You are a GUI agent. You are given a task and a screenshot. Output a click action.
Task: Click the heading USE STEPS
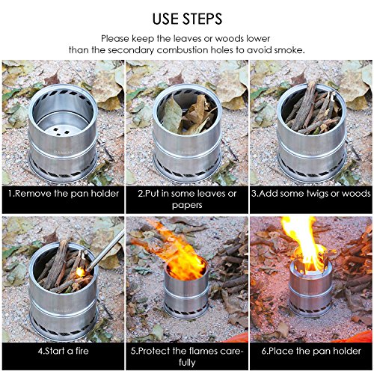pyautogui.click(x=187, y=19)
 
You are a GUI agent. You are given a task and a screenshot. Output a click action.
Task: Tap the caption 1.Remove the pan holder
pyautogui.click(x=64, y=194)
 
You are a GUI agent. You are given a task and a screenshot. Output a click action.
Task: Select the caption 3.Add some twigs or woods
pyautogui.click(x=311, y=194)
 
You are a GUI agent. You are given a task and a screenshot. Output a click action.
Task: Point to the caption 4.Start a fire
pyautogui.click(x=64, y=351)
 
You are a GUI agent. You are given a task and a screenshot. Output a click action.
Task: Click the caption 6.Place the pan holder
pyautogui.click(x=311, y=351)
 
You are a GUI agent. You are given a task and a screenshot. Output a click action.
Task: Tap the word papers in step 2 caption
pyautogui.click(x=187, y=206)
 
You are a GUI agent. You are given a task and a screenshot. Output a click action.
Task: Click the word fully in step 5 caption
pyautogui.click(x=187, y=362)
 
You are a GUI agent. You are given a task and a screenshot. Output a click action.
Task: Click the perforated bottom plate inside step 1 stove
pyautogui.click(x=62, y=129)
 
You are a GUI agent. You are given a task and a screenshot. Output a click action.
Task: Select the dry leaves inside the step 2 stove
pyautogui.click(x=188, y=114)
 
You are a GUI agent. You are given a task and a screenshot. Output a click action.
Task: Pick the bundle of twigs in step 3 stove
pyautogui.click(x=313, y=108)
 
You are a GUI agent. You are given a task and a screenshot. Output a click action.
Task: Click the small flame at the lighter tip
pyautogui.click(x=81, y=272)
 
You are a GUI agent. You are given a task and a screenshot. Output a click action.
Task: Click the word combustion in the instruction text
pyautogui.click(x=183, y=50)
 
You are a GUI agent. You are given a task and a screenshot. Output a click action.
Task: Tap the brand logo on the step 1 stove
pyautogui.click(x=64, y=151)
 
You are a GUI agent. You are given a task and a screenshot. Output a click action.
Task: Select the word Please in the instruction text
pyautogui.click(x=115, y=39)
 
